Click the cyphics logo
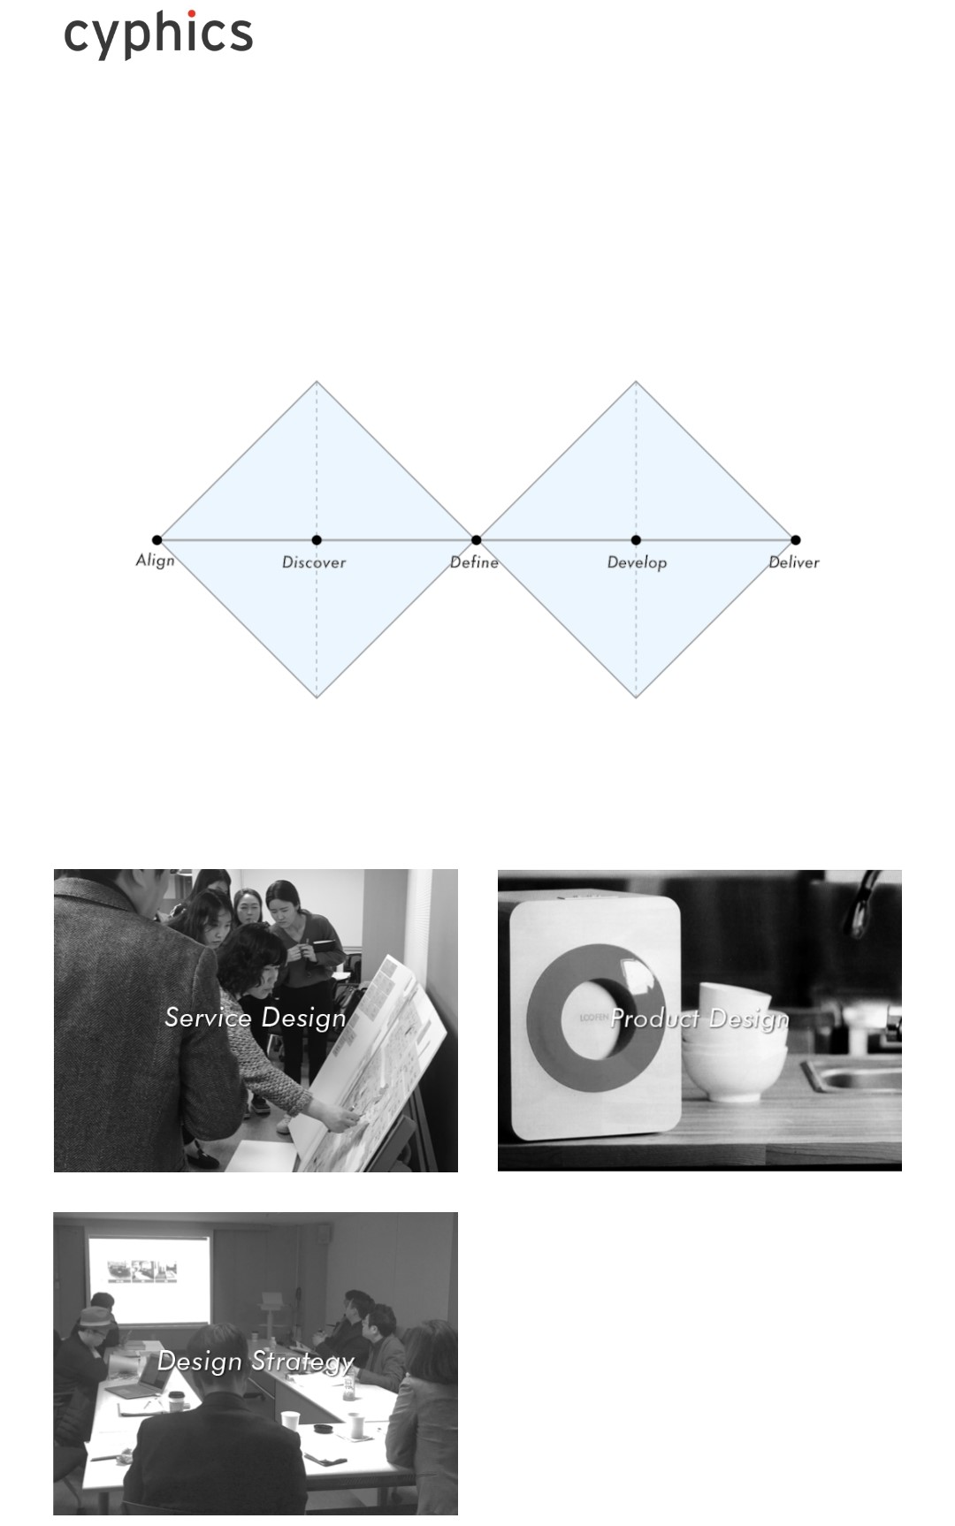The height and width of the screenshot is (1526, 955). [x=158, y=34]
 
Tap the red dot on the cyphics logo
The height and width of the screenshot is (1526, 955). [x=191, y=14]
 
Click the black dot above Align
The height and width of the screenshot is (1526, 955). [x=157, y=540]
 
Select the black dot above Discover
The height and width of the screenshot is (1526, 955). [x=317, y=540]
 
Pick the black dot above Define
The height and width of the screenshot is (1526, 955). [x=476, y=540]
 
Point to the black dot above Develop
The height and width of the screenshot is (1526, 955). [x=636, y=540]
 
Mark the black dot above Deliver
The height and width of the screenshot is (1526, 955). [x=795, y=540]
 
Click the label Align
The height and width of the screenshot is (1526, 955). [x=155, y=561]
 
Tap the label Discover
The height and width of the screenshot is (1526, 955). [x=314, y=562]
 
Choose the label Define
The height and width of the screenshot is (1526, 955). [x=474, y=562]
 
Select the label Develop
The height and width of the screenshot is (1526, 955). [x=637, y=563]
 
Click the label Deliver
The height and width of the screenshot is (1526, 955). [x=794, y=562]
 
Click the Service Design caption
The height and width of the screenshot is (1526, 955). [x=256, y=1018]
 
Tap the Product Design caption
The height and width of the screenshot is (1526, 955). [x=699, y=1019]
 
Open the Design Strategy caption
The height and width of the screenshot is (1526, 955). [x=256, y=1362]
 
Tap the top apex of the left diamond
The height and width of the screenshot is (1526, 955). [x=317, y=382]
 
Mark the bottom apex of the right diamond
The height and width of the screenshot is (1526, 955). [x=636, y=698]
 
